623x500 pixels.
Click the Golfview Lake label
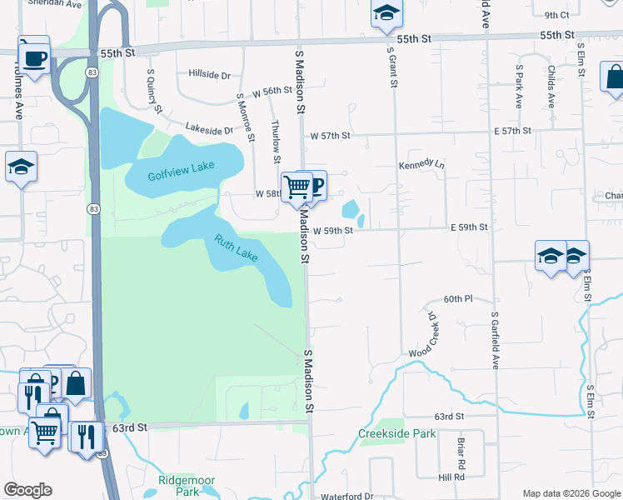pyautogui.click(x=181, y=170)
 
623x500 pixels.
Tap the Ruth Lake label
pyautogui.click(x=236, y=248)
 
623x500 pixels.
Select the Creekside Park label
pyautogui.click(x=397, y=433)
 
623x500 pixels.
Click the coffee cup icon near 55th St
pyautogui.click(x=34, y=58)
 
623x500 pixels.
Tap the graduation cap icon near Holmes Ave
pyautogui.click(x=21, y=167)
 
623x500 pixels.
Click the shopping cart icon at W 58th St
pyautogui.click(x=297, y=186)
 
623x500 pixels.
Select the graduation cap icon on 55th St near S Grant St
pyautogui.click(x=386, y=13)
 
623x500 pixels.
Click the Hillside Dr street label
pyautogui.click(x=209, y=75)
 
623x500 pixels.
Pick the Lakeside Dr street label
pyautogui.click(x=209, y=130)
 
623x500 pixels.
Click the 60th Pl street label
pyautogui.click(x=458, y=298)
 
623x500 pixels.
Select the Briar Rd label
pyautogui.click(x=461, y=452)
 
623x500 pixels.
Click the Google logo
pyautogui.click(x=27, y=490)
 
